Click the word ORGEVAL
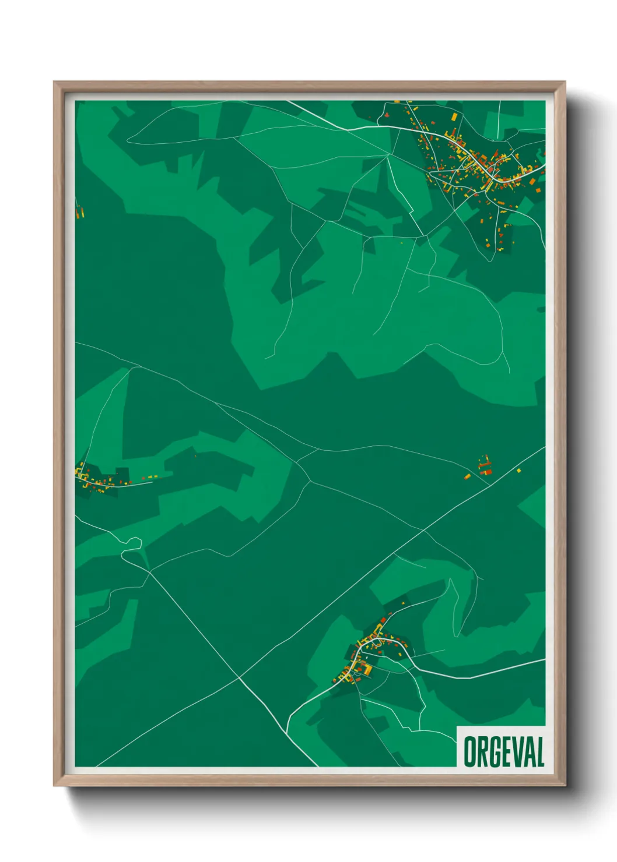click(x=504, y=751)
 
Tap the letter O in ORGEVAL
click(x=469, y=751)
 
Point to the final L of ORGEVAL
click(x=539, y=751)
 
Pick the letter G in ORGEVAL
click(x=493, y=751)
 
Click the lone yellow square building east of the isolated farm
click(x=518, y=470)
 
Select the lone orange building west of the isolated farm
click(x=467, y=477)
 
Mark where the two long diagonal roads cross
click(x=239, y=677)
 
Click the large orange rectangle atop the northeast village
click(x=454, y=117)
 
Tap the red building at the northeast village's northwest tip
click(x=385, y=115)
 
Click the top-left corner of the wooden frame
click(x=54, y=82)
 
